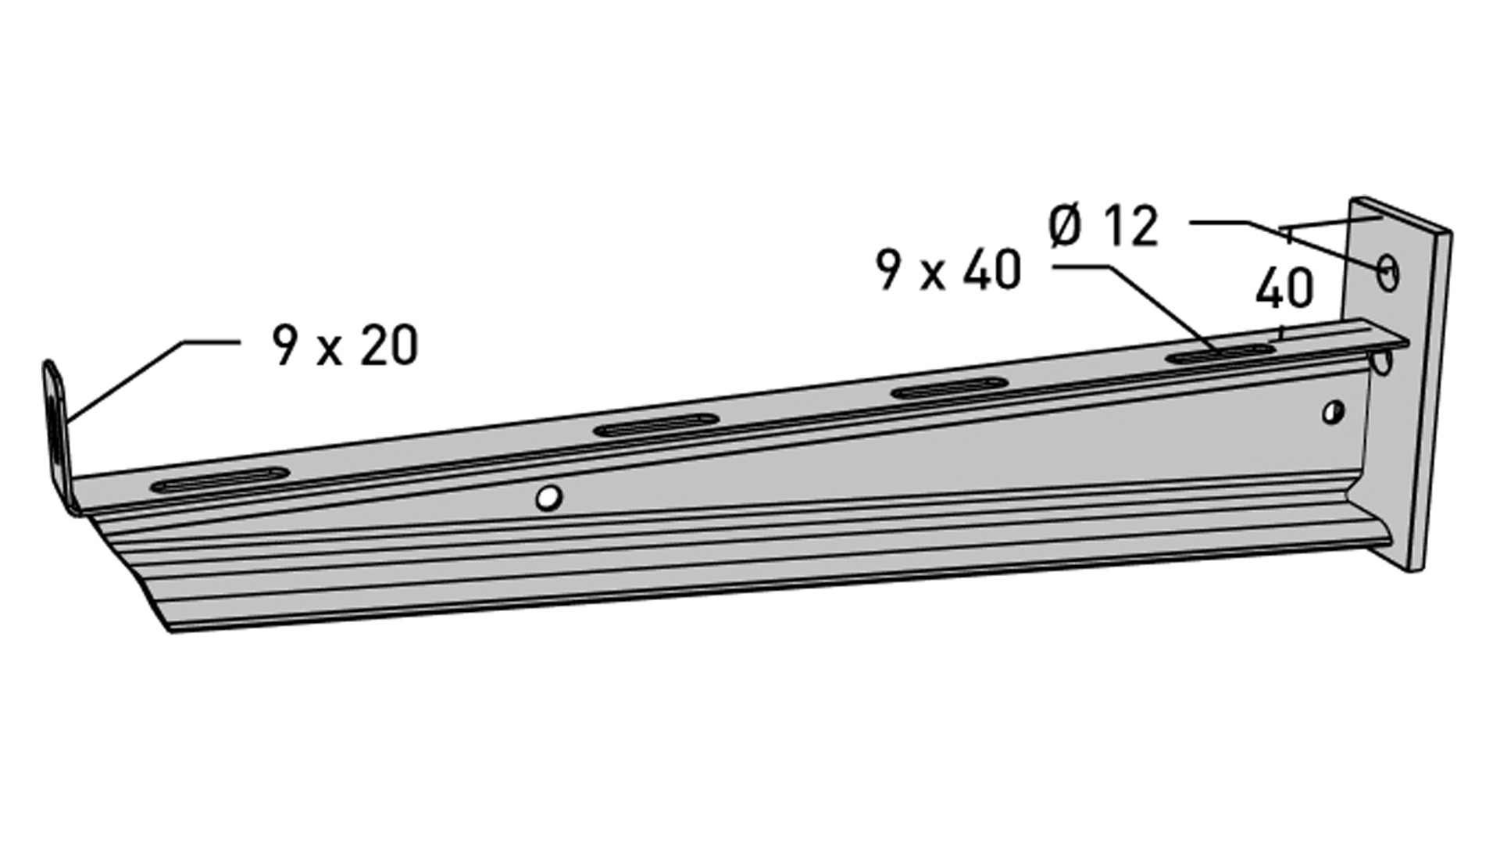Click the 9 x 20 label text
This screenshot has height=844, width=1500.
345,346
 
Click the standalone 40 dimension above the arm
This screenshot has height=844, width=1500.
1284,289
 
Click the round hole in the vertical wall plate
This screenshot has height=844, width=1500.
1387,273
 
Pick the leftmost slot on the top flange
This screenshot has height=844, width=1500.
220,480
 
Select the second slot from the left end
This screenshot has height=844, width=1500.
655,427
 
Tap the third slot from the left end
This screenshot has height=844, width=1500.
949,388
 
